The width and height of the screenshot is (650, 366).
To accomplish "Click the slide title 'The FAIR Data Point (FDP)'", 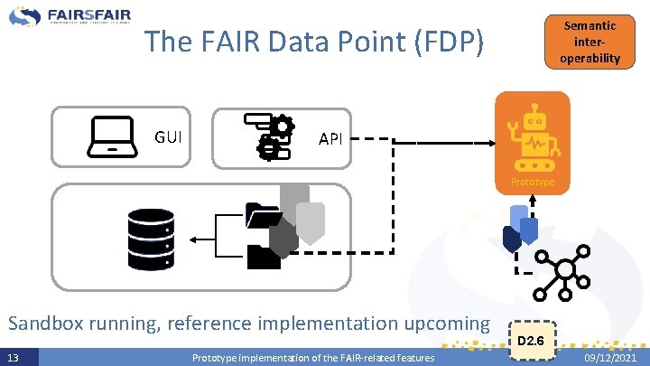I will pos(314,42).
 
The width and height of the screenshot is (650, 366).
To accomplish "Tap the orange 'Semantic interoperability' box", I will pos(590,42).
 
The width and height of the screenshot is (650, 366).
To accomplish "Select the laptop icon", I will pos(112,137).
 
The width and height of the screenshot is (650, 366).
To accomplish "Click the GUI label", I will pos(168,137).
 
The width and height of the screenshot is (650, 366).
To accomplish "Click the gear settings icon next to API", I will pos(269,136).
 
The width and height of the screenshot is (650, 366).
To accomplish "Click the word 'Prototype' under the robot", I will pos(533,182).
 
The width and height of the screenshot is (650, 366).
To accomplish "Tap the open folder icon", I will pos(263,217).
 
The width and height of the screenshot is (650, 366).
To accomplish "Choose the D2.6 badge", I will pos(531,341).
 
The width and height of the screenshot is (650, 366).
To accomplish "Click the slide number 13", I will pos(12,358).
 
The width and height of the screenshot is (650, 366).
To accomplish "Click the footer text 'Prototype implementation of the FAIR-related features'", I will pos(313,359).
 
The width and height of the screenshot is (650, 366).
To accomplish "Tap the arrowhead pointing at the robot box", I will pos(490,141).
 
